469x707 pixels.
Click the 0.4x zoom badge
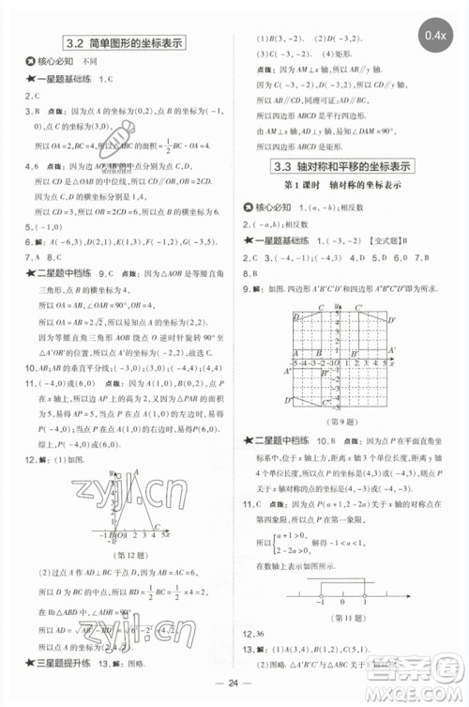click(x=435, y=36)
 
